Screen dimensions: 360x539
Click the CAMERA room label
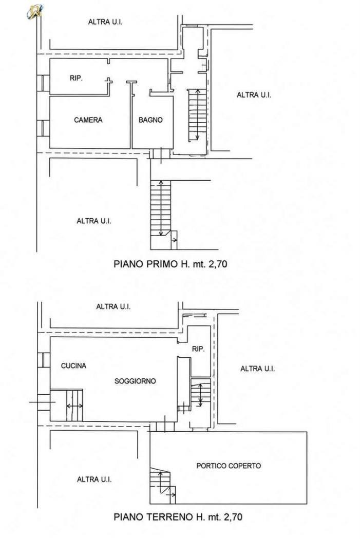88,120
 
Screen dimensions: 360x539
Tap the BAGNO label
150,120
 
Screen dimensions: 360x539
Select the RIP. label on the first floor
76,79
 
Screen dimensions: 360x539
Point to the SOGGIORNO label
135,381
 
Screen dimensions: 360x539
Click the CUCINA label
73,365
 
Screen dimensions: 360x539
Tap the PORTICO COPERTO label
229,466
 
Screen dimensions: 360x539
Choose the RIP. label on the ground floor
198,349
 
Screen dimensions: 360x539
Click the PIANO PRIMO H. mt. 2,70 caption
170,264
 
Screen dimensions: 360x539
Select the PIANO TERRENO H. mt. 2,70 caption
178,516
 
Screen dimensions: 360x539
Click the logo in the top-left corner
34,11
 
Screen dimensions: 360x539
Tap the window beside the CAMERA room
43,128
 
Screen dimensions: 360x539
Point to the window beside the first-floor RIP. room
43,83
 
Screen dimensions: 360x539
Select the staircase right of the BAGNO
197,115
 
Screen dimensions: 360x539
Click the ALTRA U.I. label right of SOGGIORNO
257,369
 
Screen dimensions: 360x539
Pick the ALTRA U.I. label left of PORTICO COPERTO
94,479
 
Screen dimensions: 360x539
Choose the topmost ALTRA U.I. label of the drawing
105,22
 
